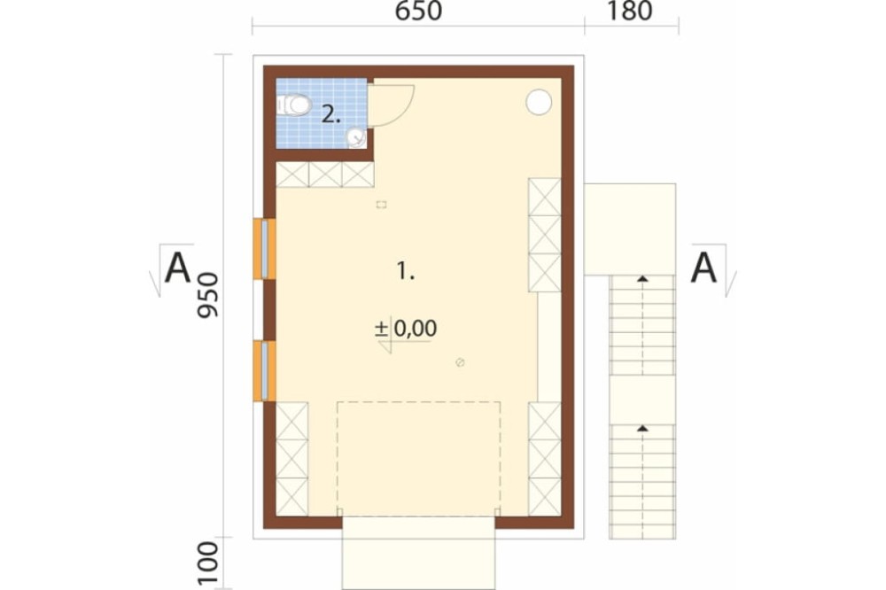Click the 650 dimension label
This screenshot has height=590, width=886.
pyautogui.click(x=418, y=11)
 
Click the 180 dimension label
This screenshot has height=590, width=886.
pyautogui.click(x=629, y=11)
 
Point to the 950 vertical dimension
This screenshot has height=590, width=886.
pyautogui.click(x=207, y=295)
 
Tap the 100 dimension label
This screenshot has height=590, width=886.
pyautogui.click(x=208, y=564)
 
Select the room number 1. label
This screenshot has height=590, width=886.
pyautogui.click(x=405, y=271)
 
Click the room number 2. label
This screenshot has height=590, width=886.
pyautogui.click(x=331, y=115)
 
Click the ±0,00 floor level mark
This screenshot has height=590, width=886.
pyautogui.click(x=406, y=329)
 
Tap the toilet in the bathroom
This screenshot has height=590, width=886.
pyautogui.click(x=294, y=105)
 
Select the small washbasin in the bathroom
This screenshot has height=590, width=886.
pyautogui.click(x=356, y=136)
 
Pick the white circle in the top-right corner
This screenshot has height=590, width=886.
pyautogui.click(x=539, y=102)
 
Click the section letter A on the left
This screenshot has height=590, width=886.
pyautogui.click(x=177, y=268)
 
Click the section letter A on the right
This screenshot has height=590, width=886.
pyautogui.click(x=703, y=268)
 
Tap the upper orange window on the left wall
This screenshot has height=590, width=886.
pyautogui.click(x=264, y=249)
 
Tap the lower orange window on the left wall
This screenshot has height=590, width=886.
pyautogui.click(x=264, y=370)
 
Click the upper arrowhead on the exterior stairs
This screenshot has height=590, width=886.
pyautogui.click(x=642, y=278)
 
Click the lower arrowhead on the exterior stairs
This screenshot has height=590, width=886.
pyautogui.click(x=642, y=429)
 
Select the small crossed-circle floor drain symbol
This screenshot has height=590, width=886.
pyautogui.click(x=460, y=362)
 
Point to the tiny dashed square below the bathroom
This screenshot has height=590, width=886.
pyautogui.click(x=381, y=205)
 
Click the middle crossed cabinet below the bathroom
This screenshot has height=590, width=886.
pyautogui.click(x=325, y=175)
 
